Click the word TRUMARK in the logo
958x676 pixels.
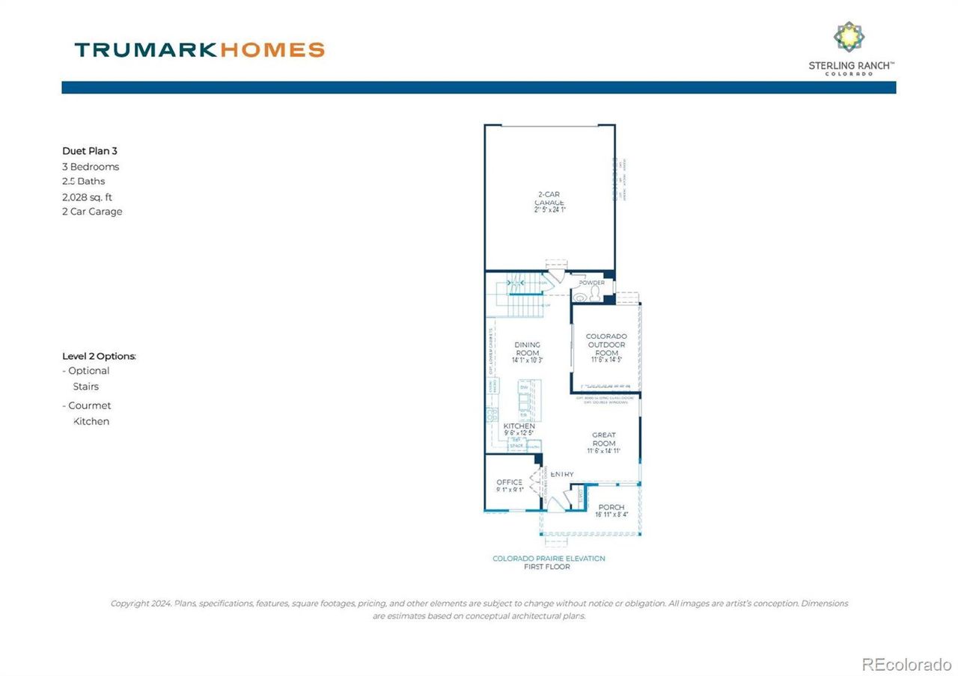(145, 50)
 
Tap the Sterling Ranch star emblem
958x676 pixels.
(849, 37)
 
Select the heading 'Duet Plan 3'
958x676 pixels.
(90, 151)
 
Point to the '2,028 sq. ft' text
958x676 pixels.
(88, 197)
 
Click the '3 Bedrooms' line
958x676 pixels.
(91, 167)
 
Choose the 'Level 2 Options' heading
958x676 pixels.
(99, 356)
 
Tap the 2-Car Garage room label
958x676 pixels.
(549, 199)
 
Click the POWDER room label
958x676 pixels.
(591, 283)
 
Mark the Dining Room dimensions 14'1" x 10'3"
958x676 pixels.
(527, 360)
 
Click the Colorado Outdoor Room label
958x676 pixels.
(606, 345)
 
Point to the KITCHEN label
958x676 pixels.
(519, 426)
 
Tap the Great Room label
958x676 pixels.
(604, 439)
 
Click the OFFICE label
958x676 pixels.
(510, 482)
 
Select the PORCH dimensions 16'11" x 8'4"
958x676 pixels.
(611, 515)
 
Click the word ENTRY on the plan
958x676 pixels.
(562, 474)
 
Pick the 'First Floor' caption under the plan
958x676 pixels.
(546, 567)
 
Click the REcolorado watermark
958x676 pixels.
(906, 664)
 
